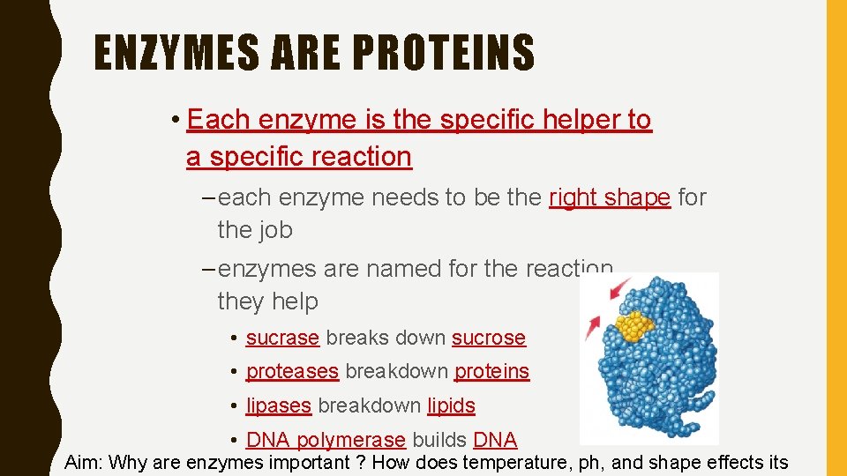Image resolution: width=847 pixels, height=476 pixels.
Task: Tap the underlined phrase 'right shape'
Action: click(609, 197)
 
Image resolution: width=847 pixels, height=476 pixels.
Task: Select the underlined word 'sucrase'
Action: click(282, 338)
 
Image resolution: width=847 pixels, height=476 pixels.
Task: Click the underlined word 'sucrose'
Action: click(488, 338)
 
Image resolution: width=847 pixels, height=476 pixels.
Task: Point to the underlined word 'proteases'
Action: click(292, 372)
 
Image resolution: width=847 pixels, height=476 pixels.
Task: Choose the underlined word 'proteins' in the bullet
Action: click(491, 372)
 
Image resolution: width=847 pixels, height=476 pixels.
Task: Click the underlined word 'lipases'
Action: click(278, 405)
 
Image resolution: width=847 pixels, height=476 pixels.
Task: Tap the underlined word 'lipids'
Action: click(451, 405)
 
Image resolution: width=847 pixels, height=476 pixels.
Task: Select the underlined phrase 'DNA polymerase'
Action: click(326, 440)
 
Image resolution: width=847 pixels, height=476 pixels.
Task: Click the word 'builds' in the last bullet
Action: click(439, 440)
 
